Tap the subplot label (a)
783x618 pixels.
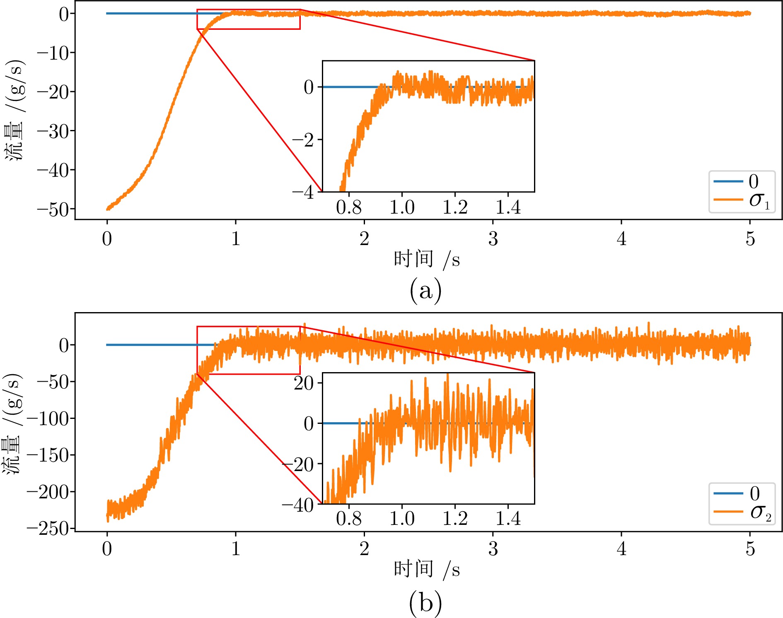coord(425,291)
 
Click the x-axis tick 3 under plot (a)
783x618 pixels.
coord(493,239)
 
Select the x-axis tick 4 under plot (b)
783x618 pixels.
coord(621,549)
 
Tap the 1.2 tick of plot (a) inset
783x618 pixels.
coord(455,207)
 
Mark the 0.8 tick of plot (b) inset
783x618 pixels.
coord(349,519)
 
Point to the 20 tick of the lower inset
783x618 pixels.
coord(304,383)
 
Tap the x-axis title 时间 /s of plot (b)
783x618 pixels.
coord(427,570)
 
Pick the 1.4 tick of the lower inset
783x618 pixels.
coord(508,519)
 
